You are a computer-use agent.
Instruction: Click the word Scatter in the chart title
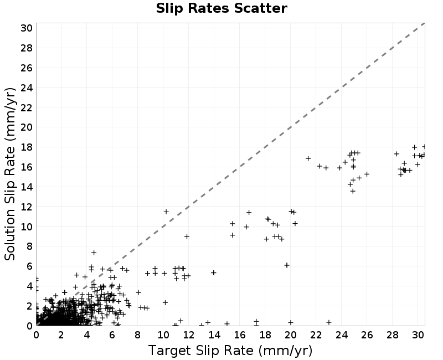(x=260, y=8)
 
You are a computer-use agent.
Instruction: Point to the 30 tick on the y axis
(x=26, y=28)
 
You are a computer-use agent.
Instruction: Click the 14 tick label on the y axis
(x=26, y=187)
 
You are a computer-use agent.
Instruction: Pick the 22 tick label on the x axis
(x=316, y=335)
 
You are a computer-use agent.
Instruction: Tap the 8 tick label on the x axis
(x=137, y=335)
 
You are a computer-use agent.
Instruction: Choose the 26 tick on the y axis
(x=26, y=68)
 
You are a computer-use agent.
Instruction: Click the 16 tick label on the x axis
(x=240, y=335)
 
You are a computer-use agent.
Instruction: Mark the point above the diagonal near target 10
(x=166, y=212)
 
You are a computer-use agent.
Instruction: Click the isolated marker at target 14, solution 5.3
(x=214, y=272)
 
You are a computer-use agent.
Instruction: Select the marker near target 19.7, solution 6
(x=287, y=265)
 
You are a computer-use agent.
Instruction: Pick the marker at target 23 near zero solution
(x=328, y=322)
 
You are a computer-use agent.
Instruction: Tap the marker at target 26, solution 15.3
(x=367, y=174)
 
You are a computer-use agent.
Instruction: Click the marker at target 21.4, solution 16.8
(x=308, y=158)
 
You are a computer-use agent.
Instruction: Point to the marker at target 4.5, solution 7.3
(x=94, y=253)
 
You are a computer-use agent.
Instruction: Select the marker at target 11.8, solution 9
(x=187, y=236)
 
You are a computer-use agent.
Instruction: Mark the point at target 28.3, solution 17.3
(x=396, y=154)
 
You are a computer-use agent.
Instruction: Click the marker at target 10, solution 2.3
(x=165, y=302)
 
